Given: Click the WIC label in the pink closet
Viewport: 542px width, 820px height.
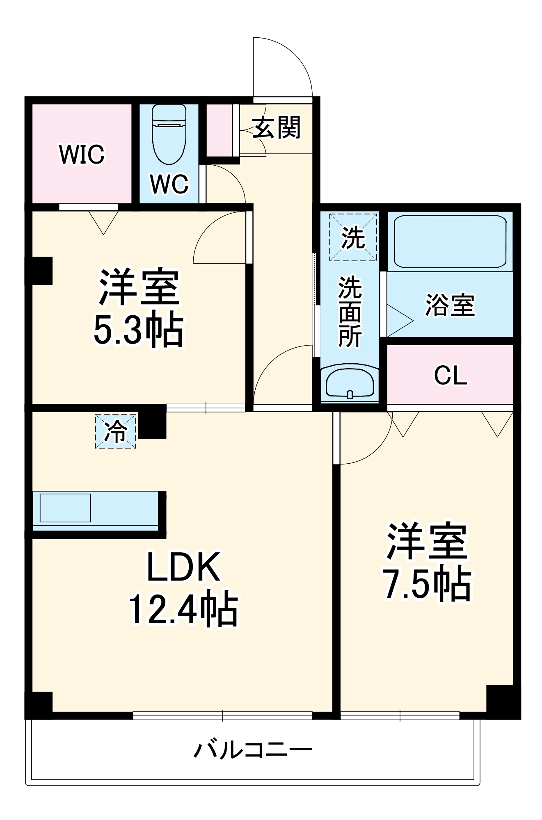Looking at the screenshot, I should click(82, 154).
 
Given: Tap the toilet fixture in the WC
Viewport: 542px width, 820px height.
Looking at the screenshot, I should click(169, 135).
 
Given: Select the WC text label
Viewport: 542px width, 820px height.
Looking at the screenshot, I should click(169, 184).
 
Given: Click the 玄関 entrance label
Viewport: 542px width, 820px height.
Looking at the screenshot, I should click(277, 128).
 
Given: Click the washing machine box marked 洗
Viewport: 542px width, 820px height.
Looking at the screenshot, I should click(353, 237).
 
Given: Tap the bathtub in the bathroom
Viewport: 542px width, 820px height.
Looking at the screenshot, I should click(450, 241).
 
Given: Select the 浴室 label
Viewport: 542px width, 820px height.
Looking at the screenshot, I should click(450, 305).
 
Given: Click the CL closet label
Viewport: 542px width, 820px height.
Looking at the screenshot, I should click(450, 375).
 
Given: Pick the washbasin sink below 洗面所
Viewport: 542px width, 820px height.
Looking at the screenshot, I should click(350, 383).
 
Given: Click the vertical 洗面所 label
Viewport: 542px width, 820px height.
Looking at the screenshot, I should click(350, 312).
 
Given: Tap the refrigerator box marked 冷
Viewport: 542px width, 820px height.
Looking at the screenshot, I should click(115, 431).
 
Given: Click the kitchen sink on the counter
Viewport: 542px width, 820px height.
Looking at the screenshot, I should click(65, 508).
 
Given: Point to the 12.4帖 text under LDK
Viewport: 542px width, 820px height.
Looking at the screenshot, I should click(183, 609).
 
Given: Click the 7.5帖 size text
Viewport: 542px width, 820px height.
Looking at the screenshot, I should click(427, 584).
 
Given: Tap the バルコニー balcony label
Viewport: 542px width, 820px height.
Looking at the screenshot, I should click(253, 750).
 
